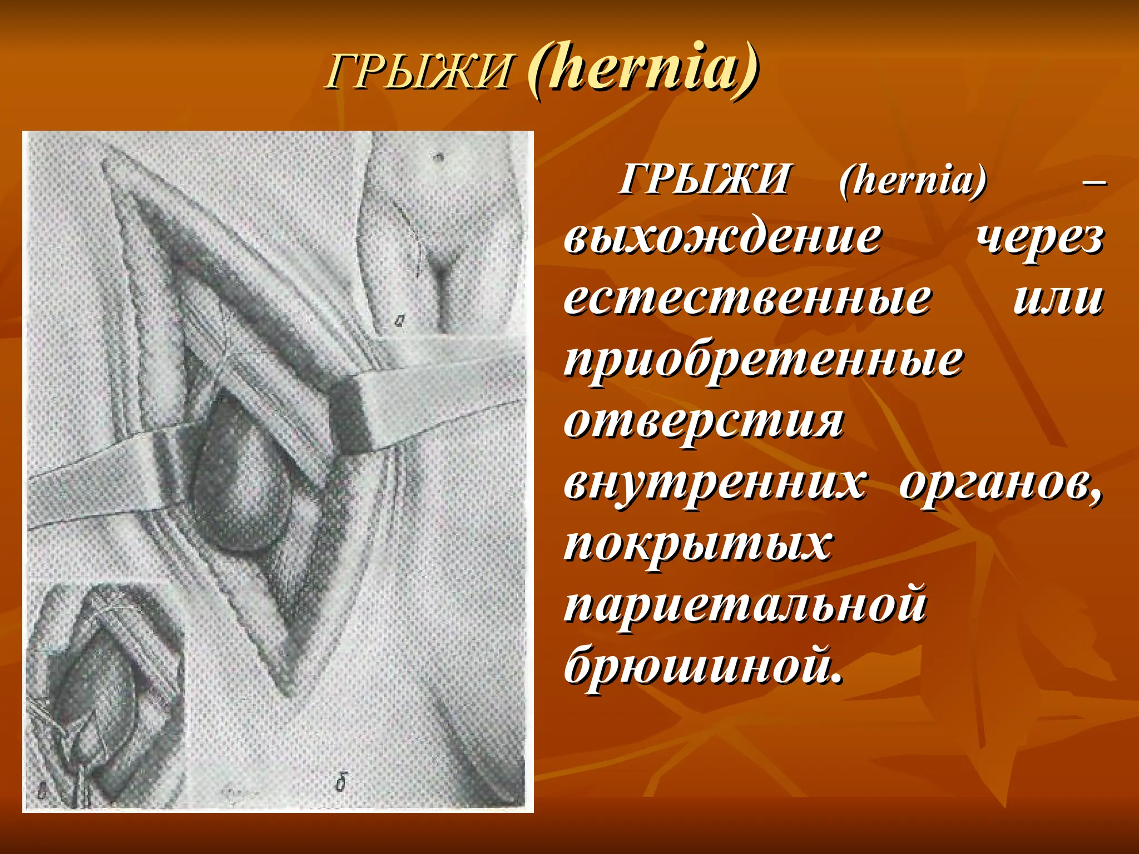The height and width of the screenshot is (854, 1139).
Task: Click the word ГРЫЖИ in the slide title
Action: [x=418, y=73]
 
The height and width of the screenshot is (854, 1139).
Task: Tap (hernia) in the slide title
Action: [x=642, y=71]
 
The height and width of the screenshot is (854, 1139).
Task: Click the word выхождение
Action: [x=722, y=238]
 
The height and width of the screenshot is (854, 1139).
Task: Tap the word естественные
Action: [x=747, y=299]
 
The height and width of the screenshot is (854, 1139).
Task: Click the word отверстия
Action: [x=704, y=421]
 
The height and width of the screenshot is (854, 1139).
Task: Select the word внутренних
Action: [x=715, y=482]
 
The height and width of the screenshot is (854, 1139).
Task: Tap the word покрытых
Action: [x=698, y=543]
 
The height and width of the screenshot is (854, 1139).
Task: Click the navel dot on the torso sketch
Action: [x=439, y=156]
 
